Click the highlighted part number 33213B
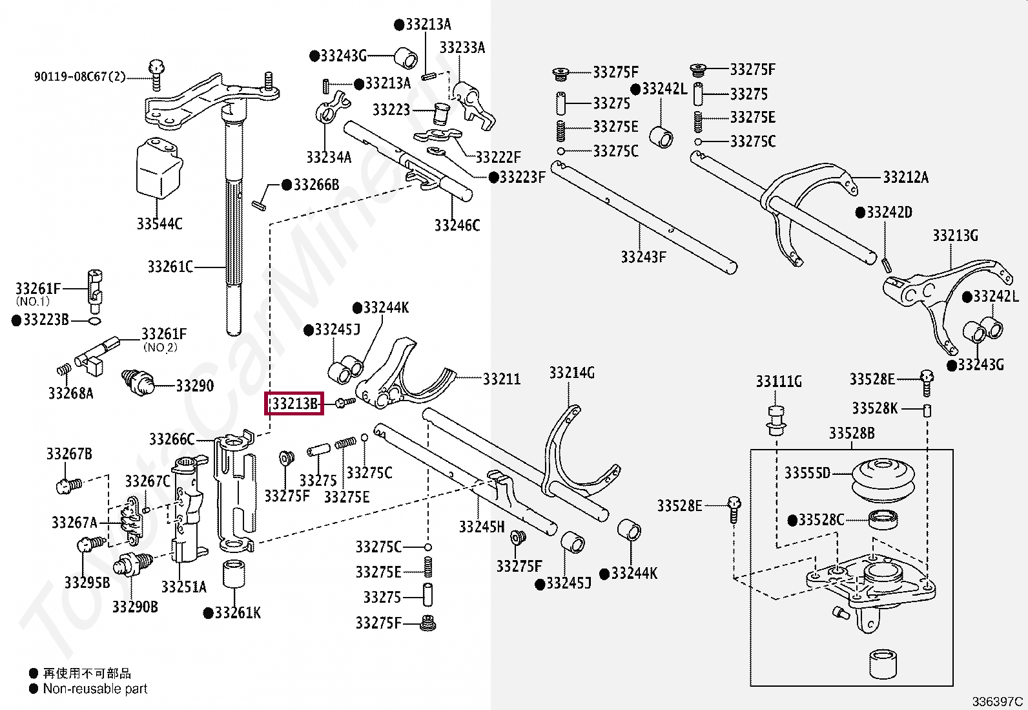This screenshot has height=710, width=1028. (294, 403)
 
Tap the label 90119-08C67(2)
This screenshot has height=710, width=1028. (80, 76)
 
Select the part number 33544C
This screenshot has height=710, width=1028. (159, 224)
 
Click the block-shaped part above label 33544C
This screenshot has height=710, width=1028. (159, 168)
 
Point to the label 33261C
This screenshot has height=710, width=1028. (170, 266)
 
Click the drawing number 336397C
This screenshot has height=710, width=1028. (997, 701)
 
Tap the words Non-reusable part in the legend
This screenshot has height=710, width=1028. (95, 689)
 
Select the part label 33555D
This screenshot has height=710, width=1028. (807, 472)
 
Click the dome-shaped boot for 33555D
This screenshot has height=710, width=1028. (883, 481)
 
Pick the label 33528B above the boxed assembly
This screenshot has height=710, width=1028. (852, 433)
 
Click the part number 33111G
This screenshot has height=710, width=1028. (779, 381)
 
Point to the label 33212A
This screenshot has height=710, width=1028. (905, 177)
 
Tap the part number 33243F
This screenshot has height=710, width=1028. (643, 256)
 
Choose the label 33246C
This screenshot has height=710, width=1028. (457, 225)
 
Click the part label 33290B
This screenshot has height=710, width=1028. (135, 607)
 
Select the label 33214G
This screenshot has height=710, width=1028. (572, 373)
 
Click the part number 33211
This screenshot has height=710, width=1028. (502, 379)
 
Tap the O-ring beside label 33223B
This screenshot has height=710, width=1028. (94, 320)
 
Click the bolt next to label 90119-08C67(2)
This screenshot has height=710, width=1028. (156, 76)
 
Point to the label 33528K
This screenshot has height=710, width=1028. (875, 408)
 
